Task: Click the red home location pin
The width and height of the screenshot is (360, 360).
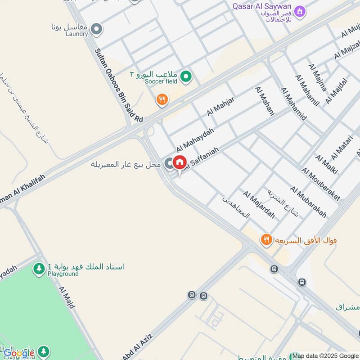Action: pyautogui.click(x=180, y=162)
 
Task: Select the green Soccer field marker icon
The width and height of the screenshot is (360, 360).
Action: pyautogui.click(x=185, y=78)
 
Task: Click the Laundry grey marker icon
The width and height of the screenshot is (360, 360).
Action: pyautogui.click(x=96, y=30)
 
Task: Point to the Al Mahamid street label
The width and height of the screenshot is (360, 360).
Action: pyautogui.click(x=293, y=104)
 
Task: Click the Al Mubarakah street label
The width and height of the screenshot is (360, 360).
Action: pyautogui.click(x=308, y=202)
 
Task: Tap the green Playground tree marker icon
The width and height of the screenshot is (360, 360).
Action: pyautogui.click(x=39, y=269)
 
